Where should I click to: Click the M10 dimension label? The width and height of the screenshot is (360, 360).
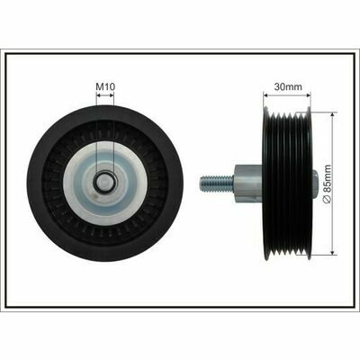point(105,87)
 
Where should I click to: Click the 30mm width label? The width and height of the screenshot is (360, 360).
point(288,87)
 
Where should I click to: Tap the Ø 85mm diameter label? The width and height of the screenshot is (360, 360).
point(327,184)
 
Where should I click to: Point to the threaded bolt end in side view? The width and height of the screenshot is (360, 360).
point(217,184)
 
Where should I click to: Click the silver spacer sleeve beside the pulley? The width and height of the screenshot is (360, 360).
point(247,184)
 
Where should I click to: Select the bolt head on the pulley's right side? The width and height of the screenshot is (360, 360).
point(314,184)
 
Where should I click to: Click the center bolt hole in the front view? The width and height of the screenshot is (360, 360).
point(105,181)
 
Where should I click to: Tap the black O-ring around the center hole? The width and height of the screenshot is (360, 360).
point(105,181)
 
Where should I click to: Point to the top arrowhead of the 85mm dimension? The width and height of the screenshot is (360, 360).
point(332,115)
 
